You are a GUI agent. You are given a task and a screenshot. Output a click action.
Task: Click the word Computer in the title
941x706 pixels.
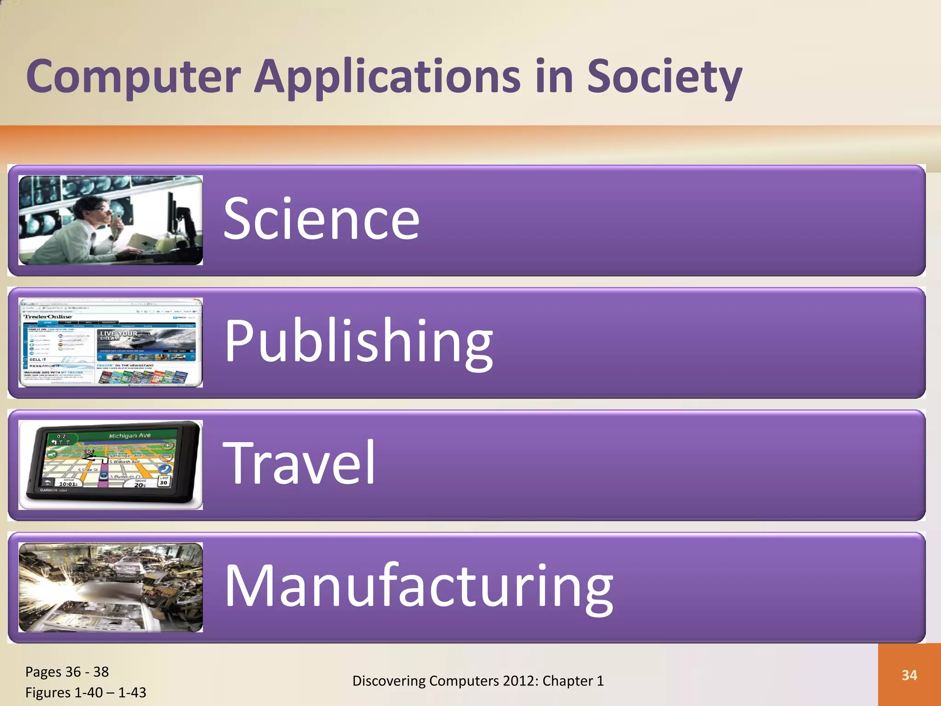pyautogui.click(x=133, y=77)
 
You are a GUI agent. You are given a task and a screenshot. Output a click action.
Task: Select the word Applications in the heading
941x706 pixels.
pyautogui.click(x=387, y=77)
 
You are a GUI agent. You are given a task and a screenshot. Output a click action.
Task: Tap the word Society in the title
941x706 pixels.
pyautogui.click(x=664, y=77)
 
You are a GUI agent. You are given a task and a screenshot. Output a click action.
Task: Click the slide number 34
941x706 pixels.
pyautogui.click(x=909, y=675)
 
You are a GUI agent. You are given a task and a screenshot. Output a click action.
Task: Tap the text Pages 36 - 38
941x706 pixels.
pyautogui.click(x=67, y=672)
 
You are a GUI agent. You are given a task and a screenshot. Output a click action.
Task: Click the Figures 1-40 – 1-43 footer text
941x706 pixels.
pyautogui.click(x=85, y=692)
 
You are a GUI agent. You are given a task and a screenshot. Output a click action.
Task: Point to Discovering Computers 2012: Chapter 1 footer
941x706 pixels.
pyautogui.click(x=478, y=681)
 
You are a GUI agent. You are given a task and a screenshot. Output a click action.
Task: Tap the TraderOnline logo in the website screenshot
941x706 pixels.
pyautogui.click(x=48, y=317)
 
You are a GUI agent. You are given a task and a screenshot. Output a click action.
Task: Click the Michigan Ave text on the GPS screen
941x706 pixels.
pyautogui.click(x=130, y=435)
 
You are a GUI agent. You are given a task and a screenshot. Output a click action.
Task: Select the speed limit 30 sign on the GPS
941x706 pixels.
pyautogui.click(x=164, y=481)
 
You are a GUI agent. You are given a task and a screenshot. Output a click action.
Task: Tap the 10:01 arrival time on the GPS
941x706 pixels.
pyautogui.click(x=68, y=484)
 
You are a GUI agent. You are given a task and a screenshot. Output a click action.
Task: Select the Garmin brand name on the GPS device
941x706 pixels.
pyautogui.click(x=49, y=490)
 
